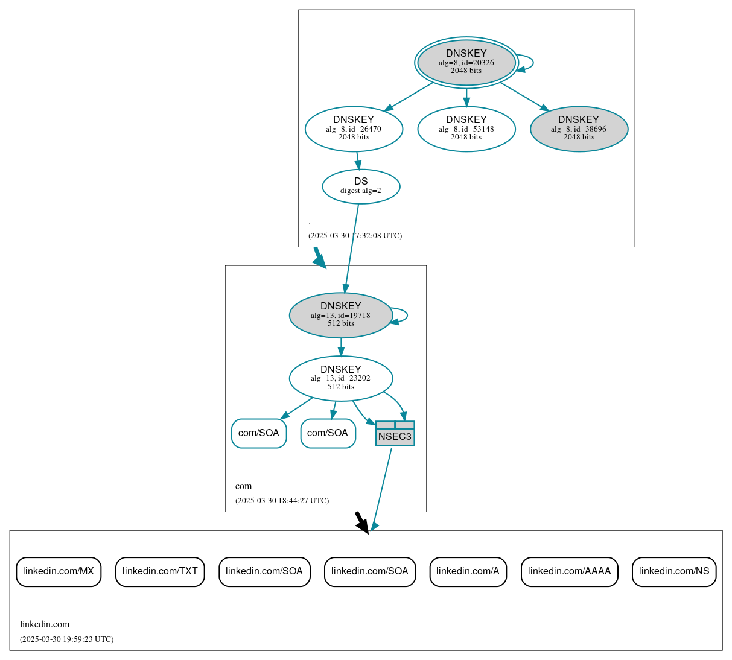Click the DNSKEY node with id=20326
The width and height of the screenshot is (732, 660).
(x=466, y=62)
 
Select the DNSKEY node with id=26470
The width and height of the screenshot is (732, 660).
(x=354, y=129)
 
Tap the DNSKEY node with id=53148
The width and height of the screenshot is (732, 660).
(x=466, y=129)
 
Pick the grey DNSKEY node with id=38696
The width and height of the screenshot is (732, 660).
(x=579, y=129)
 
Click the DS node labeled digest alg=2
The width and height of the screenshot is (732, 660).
(x=361, y=186)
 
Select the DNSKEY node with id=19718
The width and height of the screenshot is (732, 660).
(x=341, y=315)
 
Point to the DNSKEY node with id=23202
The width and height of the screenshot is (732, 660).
(x=341, y=378)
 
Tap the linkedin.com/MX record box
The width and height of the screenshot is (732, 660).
(x=59, y=571)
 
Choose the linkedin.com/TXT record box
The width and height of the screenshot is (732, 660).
(x=160, y=571)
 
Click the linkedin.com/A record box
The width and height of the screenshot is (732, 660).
(x=468, y=571)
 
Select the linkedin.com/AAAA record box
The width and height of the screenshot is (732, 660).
(x=569, y=571)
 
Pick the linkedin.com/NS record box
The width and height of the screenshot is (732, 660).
(x=674, y=571)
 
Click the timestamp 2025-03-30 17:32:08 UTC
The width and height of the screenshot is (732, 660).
(x=355, y=236)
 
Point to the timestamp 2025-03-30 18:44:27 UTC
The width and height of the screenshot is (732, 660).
(x=282, y=501)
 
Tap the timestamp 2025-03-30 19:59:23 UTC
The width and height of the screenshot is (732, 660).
(x=66, y=639)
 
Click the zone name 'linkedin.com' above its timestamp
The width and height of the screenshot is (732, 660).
(x=45, y=624)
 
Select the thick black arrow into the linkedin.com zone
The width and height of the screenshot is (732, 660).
(x=361, y=522)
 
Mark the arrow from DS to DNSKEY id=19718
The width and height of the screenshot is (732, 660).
(x=352, y=247)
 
